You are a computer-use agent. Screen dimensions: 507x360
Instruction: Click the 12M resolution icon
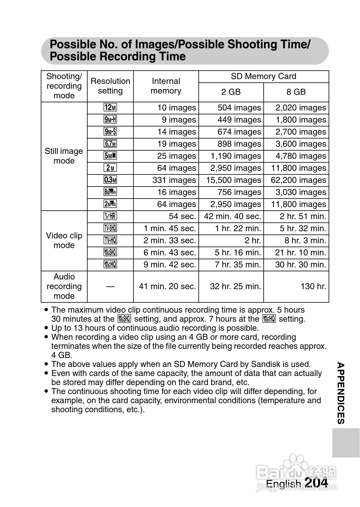[x=110, y=108]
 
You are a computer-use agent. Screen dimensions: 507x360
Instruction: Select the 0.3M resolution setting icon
[x=110, y=180]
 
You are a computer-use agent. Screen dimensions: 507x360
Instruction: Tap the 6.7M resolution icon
[x=110, y=144]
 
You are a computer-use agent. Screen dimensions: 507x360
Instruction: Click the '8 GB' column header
[x=296, y=92]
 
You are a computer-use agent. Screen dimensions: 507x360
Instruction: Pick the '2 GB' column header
[x=231, y=92]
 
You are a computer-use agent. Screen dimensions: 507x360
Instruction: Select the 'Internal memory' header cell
[x=166, y=86]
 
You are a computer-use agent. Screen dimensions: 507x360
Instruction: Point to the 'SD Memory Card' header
[x=263, y=76]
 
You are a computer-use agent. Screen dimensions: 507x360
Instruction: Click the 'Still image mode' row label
[x=64, y=156]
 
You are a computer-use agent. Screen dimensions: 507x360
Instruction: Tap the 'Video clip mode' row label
[x=64, y=241]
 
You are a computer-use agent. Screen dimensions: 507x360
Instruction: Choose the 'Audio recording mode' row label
[x=64, y=286]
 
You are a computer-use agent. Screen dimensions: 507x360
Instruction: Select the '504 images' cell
[x=239, y=108]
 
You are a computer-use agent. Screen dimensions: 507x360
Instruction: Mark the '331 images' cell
[x=174, y=180]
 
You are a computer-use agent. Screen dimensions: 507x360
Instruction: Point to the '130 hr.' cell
[x=313, y=286]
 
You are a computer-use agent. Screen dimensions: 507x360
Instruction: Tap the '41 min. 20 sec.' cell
[x=167, y=286]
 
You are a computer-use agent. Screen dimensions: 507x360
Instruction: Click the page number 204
[x=316, y=483]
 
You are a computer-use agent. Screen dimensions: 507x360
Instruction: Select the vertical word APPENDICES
[x=341, y=394]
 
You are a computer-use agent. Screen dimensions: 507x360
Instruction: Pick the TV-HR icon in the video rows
[x=110, y=216]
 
